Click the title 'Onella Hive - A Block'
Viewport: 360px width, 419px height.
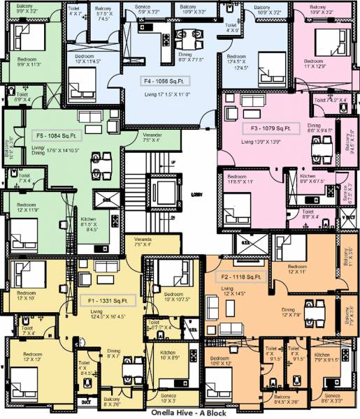[180, 413]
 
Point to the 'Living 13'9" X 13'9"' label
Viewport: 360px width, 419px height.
[261, 142]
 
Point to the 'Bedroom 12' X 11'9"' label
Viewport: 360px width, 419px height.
[27, 207]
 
